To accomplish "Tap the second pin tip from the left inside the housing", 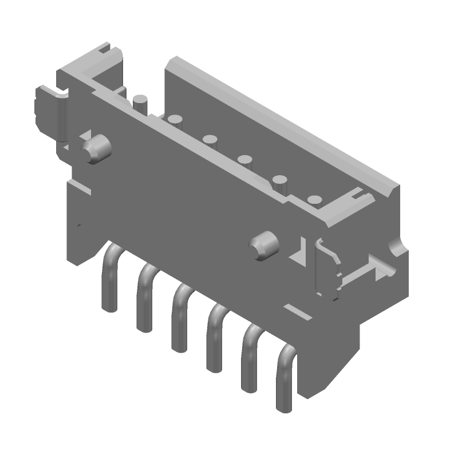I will tap(175, 120).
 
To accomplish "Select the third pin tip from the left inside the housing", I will tap(210, 139).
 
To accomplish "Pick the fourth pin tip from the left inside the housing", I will tap(246, 159).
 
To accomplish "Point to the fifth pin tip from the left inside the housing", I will tap(280, 180).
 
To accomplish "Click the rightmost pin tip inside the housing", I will tap(314, 200).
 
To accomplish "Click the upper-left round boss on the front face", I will tap(96, 148).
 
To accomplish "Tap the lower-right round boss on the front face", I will tap(264, 244).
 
